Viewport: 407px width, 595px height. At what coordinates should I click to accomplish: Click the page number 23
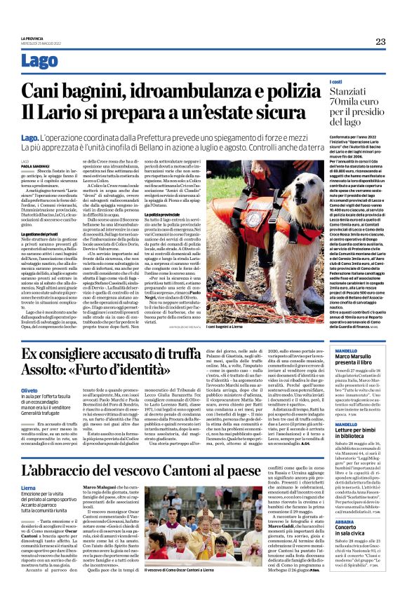380,41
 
